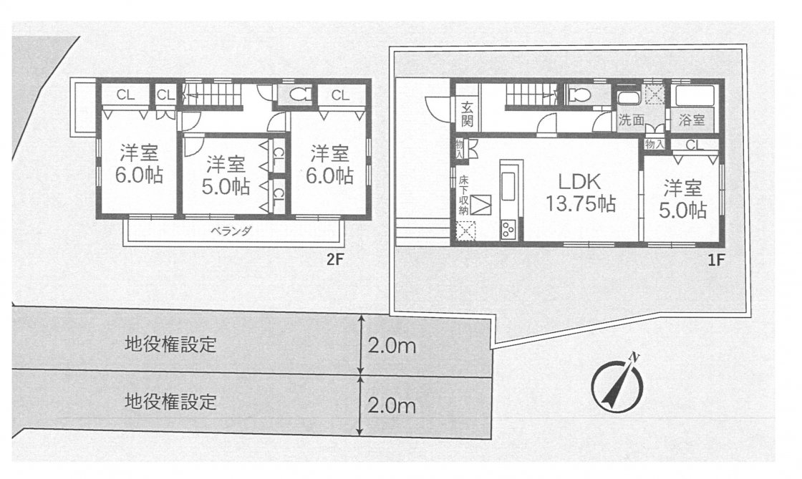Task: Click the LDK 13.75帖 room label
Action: [x=580, y=192]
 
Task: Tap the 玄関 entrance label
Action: [x=467, y=114]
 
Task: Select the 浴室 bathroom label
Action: [x=692, y=120]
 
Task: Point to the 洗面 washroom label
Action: [x=631, y=120]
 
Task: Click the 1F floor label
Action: [x=717, y=260]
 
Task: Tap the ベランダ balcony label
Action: [x=232, y=231]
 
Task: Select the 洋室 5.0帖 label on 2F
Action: [x=226, y=175]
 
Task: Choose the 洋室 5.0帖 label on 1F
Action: [x=683, y=199]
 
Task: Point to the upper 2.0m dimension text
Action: [x=392, y=346]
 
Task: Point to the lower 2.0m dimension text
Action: [x=392, y=406]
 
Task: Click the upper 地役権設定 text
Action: [x=171, y=344]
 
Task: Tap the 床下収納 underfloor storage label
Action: [x=463, y=195]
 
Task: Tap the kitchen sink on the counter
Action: [x=508, y=186]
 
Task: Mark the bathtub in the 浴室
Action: [x=694, y=96]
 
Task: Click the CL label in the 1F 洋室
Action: [x=694, y=145]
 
